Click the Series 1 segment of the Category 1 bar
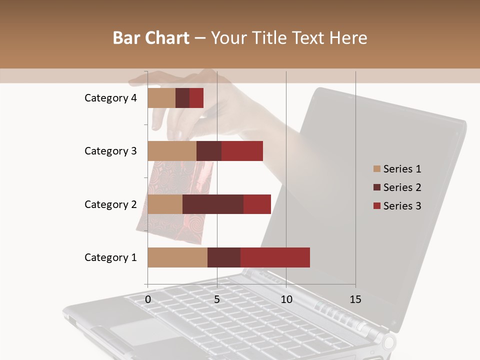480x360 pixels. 177,257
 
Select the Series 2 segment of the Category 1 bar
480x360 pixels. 224,257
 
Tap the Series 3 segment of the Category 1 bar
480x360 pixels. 275,257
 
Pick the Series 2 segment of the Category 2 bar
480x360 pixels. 213,204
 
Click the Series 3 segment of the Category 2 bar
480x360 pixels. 257,204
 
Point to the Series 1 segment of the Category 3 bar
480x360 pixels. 172,151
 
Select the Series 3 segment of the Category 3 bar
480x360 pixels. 242,151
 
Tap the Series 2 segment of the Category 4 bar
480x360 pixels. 182,98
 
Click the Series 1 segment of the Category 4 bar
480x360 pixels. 161,98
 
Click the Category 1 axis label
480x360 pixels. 110,257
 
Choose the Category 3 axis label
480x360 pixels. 110,151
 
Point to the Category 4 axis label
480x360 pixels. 110,98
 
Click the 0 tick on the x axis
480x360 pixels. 148,299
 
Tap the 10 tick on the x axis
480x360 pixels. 286,299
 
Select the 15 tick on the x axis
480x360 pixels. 355,299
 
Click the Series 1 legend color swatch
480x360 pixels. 376,169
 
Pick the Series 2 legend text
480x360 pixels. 402,187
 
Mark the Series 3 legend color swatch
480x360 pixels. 376,206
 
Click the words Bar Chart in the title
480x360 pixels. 150,38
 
